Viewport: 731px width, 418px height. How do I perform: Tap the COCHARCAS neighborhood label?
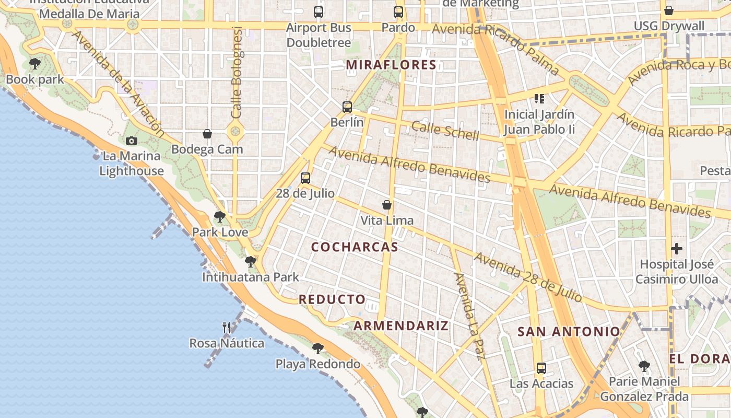coord(355,247)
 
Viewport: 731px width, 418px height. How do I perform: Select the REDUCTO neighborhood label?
coord(332,299)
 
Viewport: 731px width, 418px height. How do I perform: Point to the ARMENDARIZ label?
coord(401,326)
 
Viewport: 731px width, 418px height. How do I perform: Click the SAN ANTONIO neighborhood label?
coord(569,331)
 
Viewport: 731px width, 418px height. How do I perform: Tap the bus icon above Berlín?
coord(347,107)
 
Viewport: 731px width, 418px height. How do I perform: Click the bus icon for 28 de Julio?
coord(305,178)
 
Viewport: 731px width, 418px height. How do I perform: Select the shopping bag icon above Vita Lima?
coord(387,205)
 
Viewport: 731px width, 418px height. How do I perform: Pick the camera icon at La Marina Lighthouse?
coord(132,141)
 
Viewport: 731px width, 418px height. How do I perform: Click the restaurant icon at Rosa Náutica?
coord(227,328)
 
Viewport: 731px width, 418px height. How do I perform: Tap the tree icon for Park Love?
coord(220,217)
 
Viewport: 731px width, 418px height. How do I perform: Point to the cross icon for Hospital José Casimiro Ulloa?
coord(677,249)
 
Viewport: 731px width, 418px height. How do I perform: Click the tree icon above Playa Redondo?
coord(317,348)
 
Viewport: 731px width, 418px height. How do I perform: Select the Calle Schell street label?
coord(445,131)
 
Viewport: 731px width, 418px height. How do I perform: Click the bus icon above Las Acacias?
coord(541,368)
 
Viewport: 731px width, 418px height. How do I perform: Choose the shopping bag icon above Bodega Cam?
coord(207,134)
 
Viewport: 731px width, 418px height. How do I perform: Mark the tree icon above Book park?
coord(35,64)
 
